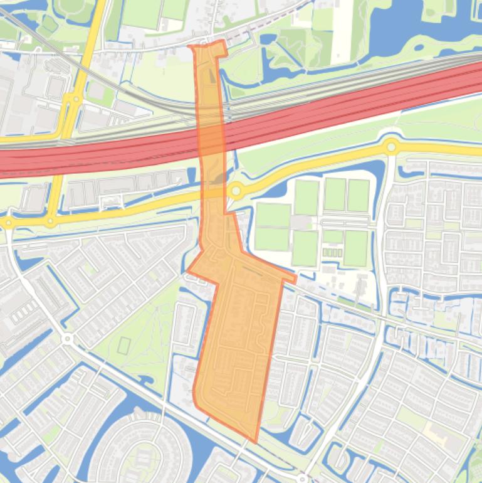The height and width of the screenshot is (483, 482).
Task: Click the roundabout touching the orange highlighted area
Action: click(236, 191)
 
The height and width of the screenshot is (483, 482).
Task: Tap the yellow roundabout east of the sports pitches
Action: click(392, 147)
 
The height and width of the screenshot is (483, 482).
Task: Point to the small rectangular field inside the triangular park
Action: click(124, 345)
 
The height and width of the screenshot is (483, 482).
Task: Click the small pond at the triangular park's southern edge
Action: click(145, 380)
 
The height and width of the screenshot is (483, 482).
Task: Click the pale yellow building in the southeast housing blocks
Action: click(433, 430)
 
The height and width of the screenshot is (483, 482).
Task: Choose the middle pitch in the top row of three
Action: click(335, 194)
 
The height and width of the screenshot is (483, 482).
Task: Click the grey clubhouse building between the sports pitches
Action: click(301, 223)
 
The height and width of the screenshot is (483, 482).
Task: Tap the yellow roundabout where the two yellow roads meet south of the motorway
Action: click(51, 221)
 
